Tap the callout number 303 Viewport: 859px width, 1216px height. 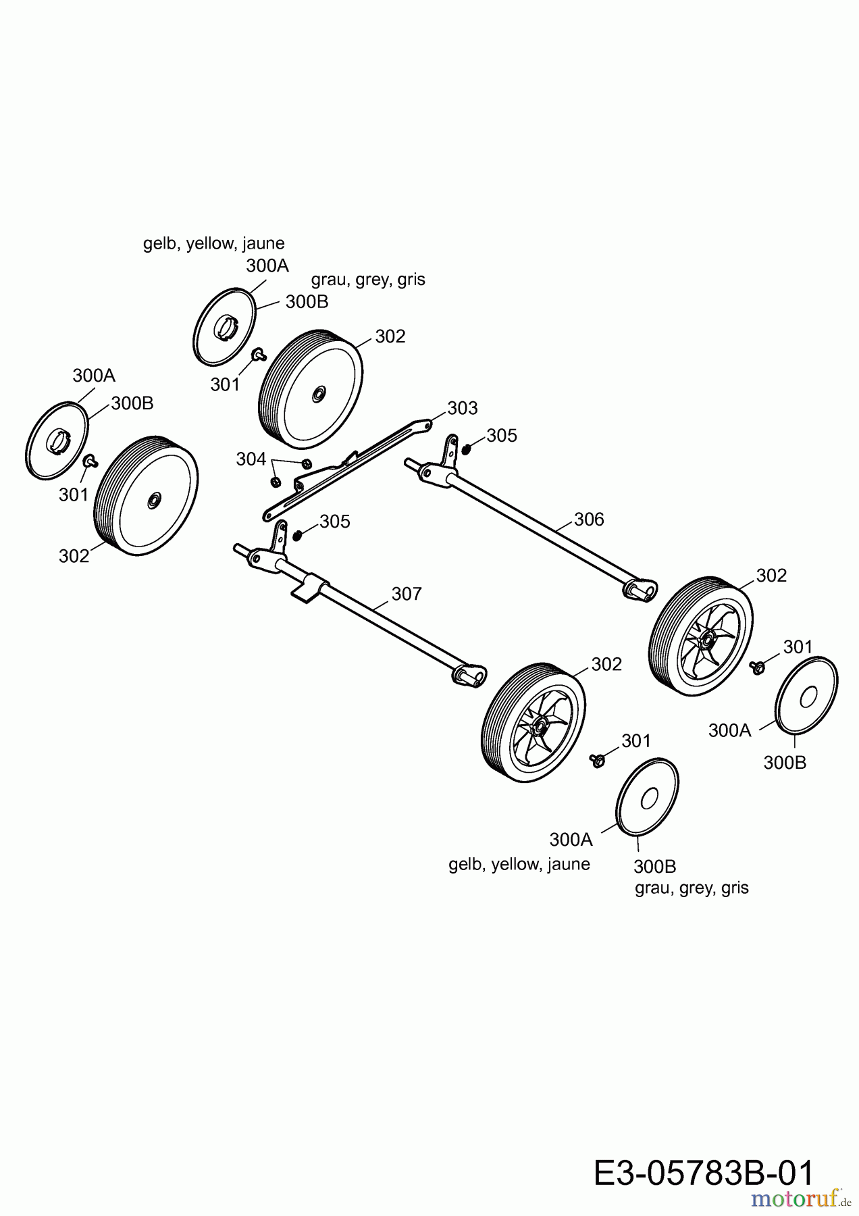(x=462, y=408)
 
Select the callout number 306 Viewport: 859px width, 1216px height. (x=589, y=519)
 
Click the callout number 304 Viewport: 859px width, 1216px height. (x=251, y=459)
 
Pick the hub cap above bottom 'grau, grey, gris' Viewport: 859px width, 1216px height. (x=648, y=798)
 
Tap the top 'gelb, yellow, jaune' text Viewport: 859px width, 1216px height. (x=213, y=243)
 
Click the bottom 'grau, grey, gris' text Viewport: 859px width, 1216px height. (x=692, y=888)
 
